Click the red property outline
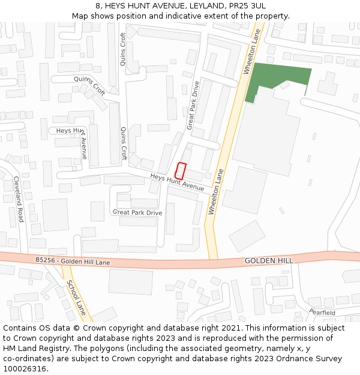[181, 170]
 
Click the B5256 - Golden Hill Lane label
[73, 261]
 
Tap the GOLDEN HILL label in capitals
[269, 261]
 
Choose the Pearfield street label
[322, 313]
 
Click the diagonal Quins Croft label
[90, 86]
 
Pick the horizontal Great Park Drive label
[137, 212]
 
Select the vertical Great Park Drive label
[193, 105]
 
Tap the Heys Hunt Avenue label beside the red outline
[177, 182]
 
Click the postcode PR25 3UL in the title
[245, 5]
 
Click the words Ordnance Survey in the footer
[311, 359]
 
